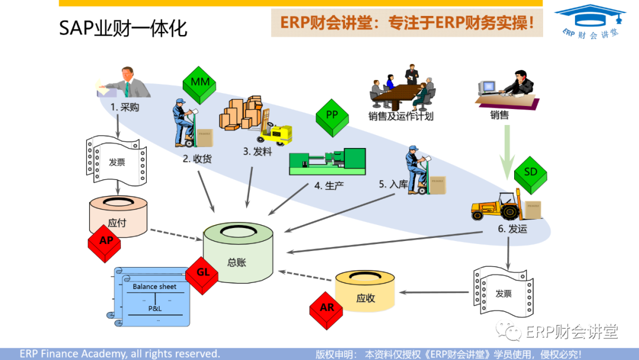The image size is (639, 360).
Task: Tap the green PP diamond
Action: (332, 114)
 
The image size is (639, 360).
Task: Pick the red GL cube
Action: (202, 274)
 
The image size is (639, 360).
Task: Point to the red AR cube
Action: (326, 310)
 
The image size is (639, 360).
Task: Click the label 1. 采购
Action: (124, 107)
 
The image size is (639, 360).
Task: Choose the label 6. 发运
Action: (512, 229)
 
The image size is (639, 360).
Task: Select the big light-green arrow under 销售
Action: (506, 152)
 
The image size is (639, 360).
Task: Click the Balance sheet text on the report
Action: (154, 287)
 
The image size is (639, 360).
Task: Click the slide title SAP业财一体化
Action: (123, 28)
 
